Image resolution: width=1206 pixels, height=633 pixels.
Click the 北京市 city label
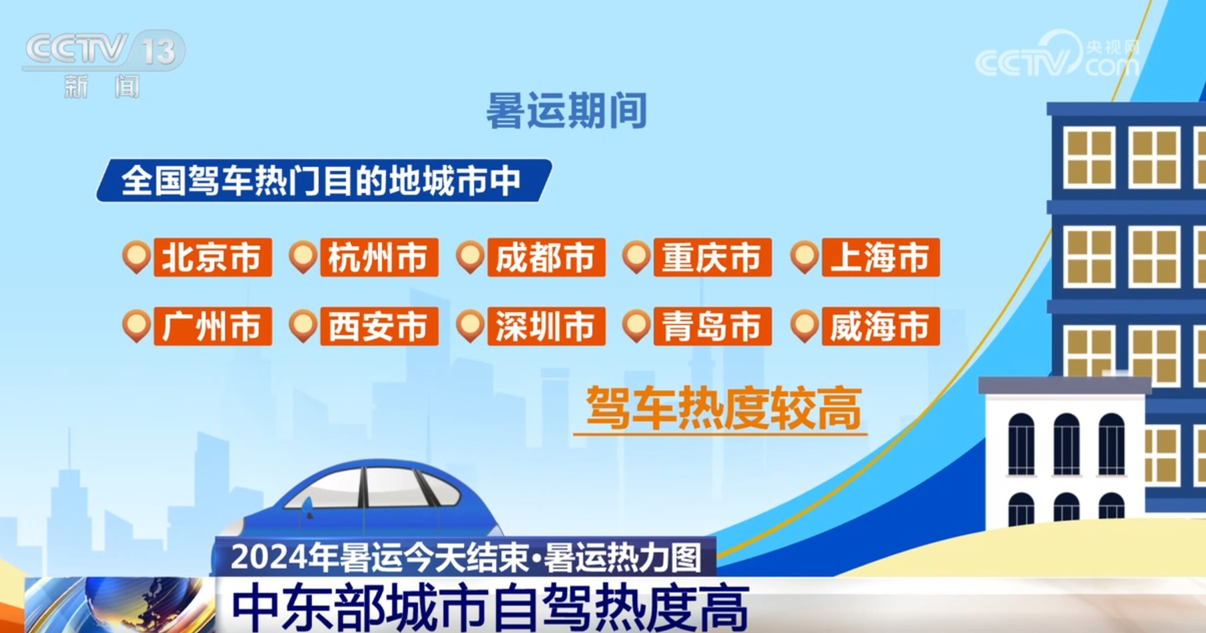click(x=212, y=257)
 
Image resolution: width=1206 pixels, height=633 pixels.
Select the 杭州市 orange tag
click(x=379, y=257)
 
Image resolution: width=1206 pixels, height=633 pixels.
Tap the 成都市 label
click(x=546, y=257)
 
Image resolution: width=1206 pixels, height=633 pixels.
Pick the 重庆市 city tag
click(x=713, y=257)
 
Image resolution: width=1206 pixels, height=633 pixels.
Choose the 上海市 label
click(x=881, y=257)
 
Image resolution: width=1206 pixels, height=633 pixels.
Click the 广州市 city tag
click(x=212, y=326)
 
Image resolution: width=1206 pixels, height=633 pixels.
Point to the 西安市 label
click(x=379, y=326)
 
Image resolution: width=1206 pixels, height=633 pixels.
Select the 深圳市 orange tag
click(x=546, y=326)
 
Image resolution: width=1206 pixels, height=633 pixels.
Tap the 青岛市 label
click(x=713, y=326)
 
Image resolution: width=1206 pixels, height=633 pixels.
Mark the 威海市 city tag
click(x=881, y=326)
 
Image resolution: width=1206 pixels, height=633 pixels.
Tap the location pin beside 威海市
click(x=805, y=325)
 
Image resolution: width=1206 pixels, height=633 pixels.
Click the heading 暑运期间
click(x=566, y=110)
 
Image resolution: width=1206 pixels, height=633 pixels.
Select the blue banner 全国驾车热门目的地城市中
click(x=325, y=180)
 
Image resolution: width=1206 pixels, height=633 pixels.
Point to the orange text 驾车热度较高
click(x=724, y=407)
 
